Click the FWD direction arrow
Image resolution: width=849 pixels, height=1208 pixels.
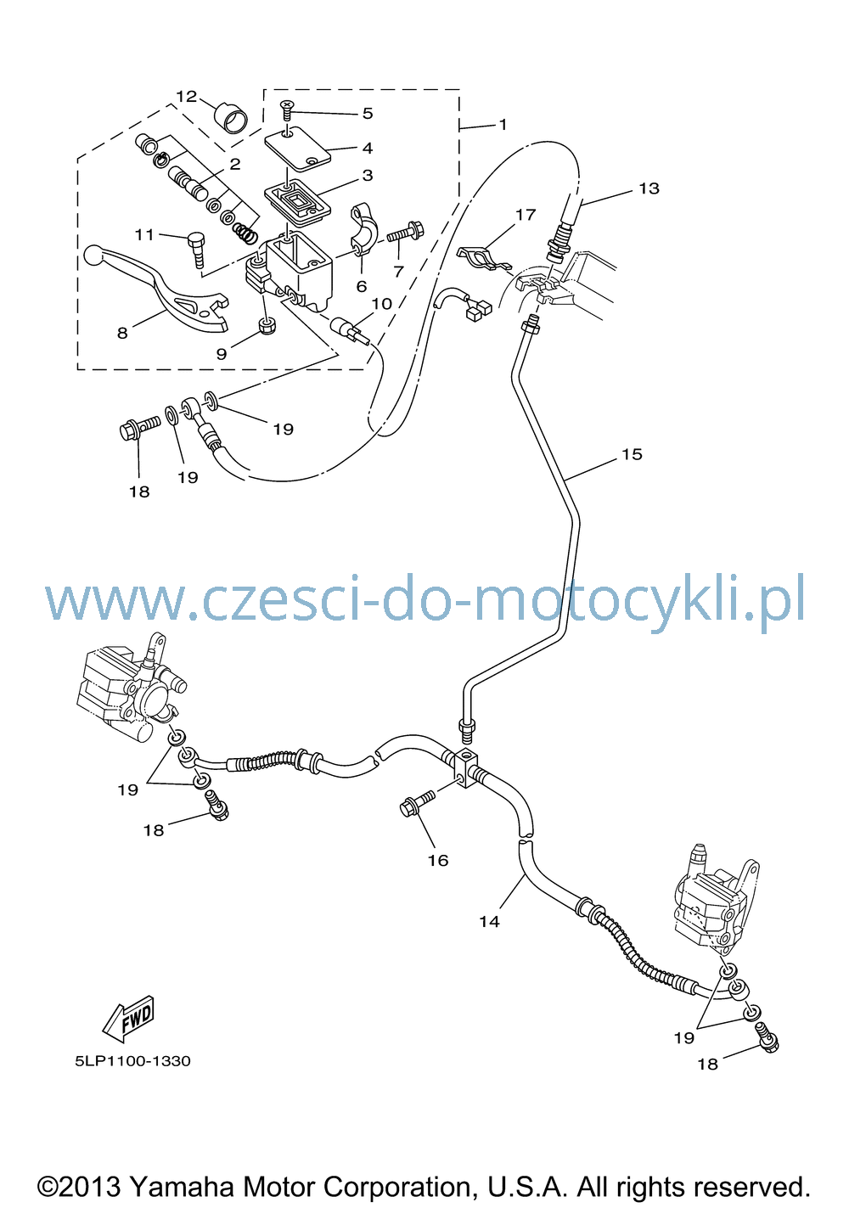click(x=129, y=1019)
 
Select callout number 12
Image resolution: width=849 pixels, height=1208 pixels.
click(x=187, y=97)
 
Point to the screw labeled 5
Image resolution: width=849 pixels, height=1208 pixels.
click(x=288, y=111)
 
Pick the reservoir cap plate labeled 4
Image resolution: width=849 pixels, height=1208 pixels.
click(x=297, y=146)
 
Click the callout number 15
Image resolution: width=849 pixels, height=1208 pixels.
click(x=632, y=454)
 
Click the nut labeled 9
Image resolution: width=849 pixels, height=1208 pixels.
click(x=267, y=325)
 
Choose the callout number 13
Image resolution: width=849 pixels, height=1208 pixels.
click(x=649, y=188)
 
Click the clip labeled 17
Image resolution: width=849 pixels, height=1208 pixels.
click(x=485, y=257)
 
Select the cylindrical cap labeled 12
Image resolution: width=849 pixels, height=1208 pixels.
click(x=232, y=117)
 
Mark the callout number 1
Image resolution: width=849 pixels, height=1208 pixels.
click(x=503, y=125)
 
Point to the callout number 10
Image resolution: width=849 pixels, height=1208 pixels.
click(x=381, y=304)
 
